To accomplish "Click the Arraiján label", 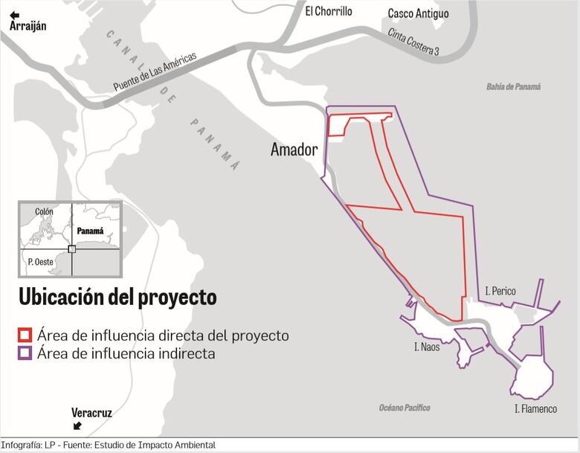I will (28, 27).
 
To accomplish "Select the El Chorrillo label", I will (328, 11).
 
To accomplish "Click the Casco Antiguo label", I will (418, 14).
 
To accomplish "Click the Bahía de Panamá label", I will (514, 87).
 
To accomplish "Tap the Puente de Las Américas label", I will (155, 72).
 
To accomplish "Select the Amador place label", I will (294, 150).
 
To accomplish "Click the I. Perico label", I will (500, 291).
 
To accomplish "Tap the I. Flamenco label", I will (535, 409).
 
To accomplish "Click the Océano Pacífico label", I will (405, 408).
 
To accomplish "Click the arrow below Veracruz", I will (77, 426).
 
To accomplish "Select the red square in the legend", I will (25, 335).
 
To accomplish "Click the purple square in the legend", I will (25, 354).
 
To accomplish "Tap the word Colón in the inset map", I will (44, 212).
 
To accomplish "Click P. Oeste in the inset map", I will (40, 262).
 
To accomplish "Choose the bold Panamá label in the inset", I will (90, 231).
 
